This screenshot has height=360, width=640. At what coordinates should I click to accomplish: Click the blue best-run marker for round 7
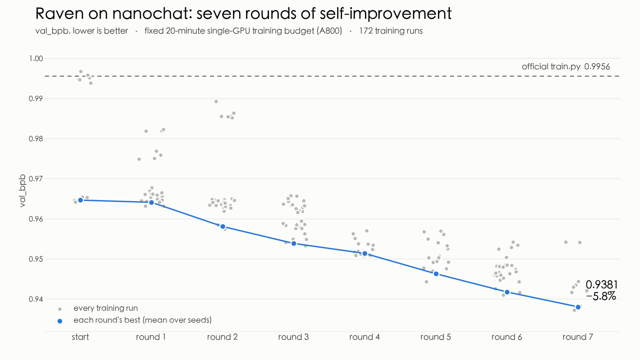[578, 307]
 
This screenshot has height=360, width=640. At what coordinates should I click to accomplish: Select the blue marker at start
[80, 200]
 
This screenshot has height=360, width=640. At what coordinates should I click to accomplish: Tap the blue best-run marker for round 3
[294, 243]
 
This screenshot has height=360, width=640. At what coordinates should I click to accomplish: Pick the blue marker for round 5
[436, 274]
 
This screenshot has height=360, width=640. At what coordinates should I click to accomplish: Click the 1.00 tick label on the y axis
[36, 59]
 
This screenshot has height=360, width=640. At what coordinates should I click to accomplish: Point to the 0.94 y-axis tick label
[36, 299]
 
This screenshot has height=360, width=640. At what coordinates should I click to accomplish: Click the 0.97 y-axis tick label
[36, 179]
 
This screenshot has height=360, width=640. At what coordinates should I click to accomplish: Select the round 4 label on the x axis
[364, 337]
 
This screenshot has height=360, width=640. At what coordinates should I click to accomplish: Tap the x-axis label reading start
[80, 337]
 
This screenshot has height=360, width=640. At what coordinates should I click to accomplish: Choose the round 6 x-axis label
[507, 337]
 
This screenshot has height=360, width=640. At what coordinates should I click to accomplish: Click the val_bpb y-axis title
[22, 191]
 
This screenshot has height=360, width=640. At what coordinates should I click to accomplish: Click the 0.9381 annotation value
[602, 285]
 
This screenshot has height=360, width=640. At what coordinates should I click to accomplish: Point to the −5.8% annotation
[601, 296]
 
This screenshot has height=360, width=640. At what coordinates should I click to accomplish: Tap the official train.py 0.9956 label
[566, 67]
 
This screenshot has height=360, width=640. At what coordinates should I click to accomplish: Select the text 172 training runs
[391, 31]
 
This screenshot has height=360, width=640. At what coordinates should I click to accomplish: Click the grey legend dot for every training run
[60, 309]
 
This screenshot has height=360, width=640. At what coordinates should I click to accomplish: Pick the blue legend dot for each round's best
[60, 321]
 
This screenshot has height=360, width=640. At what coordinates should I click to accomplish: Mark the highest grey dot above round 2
[216, 101]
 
